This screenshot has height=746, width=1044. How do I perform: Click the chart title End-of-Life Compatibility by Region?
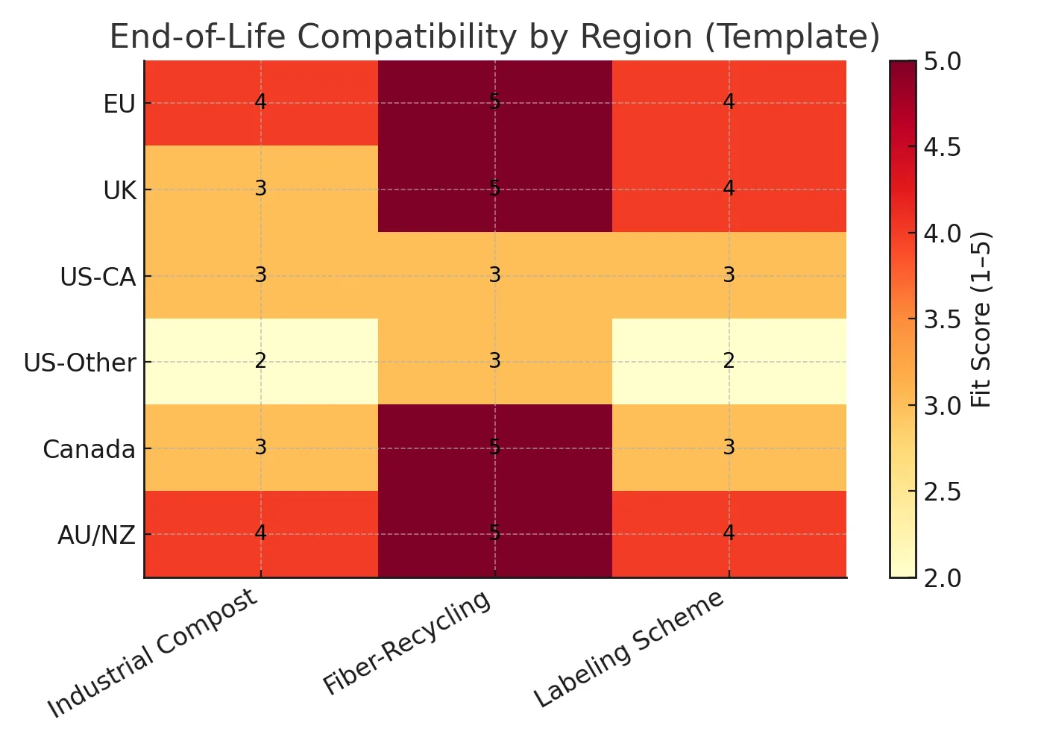click(x=494, y=37)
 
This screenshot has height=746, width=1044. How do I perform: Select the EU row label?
click(x=119, y=104)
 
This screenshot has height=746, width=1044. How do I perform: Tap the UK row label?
click(x=119, y=191)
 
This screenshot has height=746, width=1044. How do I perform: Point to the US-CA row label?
click(x=98, y=278)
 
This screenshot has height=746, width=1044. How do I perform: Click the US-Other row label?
click(x=80, y=363)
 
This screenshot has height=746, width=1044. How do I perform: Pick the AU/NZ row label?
click(x=96, y=536)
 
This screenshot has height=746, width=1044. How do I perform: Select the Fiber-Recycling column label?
click(x=407, y=642)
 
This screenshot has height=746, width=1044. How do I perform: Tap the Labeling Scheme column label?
click(x=629, y=648)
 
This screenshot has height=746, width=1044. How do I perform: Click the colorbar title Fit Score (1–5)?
click(x=981, y=319)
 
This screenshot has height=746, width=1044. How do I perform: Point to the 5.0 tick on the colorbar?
click(x=941, y=62)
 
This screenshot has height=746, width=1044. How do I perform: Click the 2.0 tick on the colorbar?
click(x=941, y=578)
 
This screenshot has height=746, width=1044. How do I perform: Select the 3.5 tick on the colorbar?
click(x=941, y=320)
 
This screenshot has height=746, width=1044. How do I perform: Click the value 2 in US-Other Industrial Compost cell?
click(x=260, y=362)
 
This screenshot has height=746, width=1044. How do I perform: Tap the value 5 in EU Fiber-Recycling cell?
click(x=494, y=103)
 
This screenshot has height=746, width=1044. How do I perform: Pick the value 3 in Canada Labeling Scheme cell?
click(x=729, y=448)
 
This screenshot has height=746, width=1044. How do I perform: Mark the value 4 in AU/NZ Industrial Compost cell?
click(x=260, y=533)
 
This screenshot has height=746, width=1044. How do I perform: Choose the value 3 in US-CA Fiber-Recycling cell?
click(x=494, y=275)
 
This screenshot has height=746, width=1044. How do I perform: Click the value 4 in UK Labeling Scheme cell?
click(x=729, y=189)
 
